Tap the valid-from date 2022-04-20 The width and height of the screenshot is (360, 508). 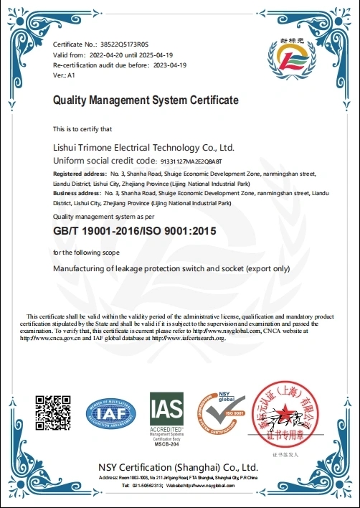(105, 55)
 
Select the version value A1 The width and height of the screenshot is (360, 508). (71, 75)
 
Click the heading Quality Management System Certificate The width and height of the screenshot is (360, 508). (146, 100)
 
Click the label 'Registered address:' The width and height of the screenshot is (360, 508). (80, 174)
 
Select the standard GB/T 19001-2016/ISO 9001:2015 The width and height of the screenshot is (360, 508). (135, 232)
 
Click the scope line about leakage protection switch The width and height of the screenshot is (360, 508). (171, 268)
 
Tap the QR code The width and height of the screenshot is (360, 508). (54, 413)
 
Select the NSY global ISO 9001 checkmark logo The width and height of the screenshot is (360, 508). (222, 415)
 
